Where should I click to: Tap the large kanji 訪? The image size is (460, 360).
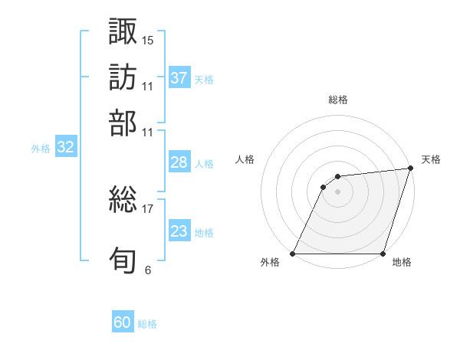click(x=123, y=77)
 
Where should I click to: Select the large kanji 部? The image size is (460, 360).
click(x=123, y=123)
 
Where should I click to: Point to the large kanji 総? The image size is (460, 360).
click(x=123, y=200)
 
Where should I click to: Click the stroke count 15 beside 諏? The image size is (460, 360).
click(x=148, y=39)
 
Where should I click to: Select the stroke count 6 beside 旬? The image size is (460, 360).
click(x=148, y=270)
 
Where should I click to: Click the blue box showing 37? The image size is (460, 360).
click(x=179, y=78)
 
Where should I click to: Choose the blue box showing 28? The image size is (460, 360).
click(x=179, y=162)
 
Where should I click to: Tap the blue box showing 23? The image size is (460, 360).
click(x=179, y=231)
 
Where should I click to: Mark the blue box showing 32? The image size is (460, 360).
click(x=65, y=148)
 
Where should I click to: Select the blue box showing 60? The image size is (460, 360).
click(x=123, y=323)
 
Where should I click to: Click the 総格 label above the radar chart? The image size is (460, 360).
click(x=338, y=100)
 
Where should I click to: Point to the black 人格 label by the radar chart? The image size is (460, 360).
click(x=245, y=159)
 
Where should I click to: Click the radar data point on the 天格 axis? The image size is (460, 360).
click(x=411, y=169)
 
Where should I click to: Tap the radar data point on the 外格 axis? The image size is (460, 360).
click(x=293, y=254)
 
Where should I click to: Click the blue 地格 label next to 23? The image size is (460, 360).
click(x=204, y=232)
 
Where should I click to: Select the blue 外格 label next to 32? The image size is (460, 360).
click(x=41, y=149)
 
